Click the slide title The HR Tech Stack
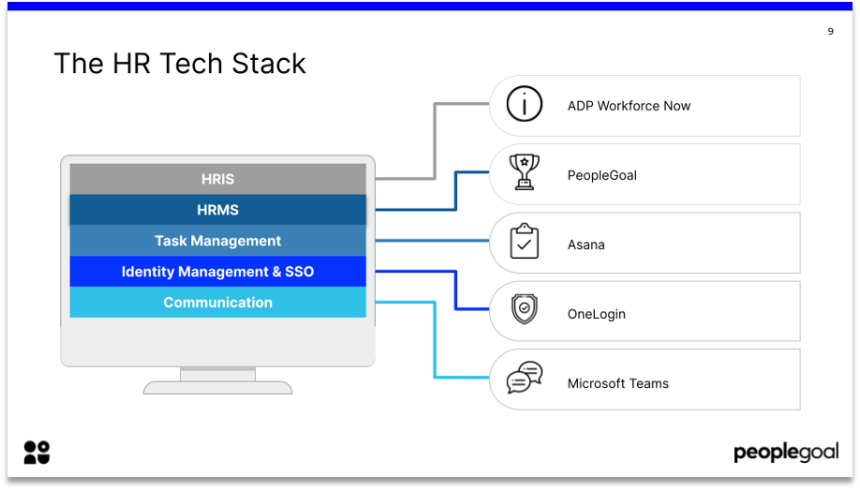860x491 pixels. coord(180,64)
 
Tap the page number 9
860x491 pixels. coord(830,32)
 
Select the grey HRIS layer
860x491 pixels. coord(217,179)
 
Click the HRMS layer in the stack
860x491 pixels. coord(217,210)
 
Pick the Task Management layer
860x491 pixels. coord(217,241)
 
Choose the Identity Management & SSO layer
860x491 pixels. coord(217,272)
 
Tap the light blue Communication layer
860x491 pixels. coord(217,303)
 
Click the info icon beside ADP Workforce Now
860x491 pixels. coord(525,105)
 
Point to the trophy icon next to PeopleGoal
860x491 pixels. coord(525,173)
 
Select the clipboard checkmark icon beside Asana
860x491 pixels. coord(525,243)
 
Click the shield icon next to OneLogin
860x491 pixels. coord(525,310)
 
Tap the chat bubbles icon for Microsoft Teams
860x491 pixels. coord(525,379)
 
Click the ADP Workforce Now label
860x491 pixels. coord(629,106)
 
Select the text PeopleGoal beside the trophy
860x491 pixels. coord(601,175)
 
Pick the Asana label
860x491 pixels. coord(586,245)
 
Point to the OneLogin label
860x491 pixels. coord(596,314)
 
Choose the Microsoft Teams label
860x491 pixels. coord(618,383)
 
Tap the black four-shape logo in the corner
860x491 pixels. coord(37,453)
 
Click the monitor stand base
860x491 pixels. coord(217,386)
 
